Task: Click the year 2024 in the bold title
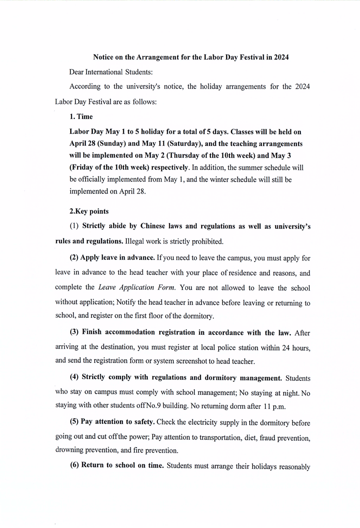(x=281, y=57)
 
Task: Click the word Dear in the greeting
(x=77, y=72)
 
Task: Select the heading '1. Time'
(x=81, y=116)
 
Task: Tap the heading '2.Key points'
(x=89, y=211)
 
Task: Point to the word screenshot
(x=187, y=361)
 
